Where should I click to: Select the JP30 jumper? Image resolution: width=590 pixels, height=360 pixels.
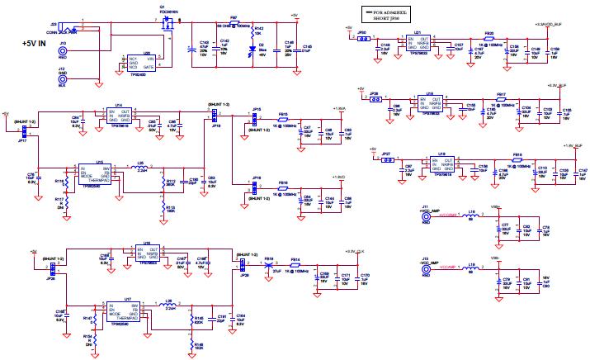click(362, 38)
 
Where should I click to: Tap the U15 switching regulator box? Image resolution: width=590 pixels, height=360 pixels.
click(94, 174)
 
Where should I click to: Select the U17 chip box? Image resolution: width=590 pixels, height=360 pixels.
click(120, 310)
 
